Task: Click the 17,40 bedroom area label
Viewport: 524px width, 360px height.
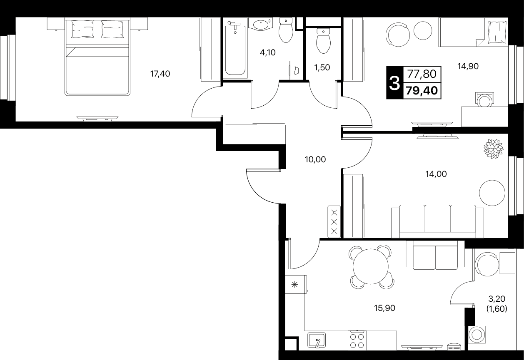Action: pos(160,74)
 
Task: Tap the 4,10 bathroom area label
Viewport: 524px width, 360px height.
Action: pos(267,52)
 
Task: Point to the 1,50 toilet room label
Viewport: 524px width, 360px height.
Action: pos(322,67)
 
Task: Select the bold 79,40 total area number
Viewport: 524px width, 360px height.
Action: pos(422,90)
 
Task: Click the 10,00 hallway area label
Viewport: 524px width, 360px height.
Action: pos(315,159)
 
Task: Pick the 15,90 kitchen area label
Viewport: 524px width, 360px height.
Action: pos(384,308)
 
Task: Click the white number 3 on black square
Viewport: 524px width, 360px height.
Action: pos(394,83)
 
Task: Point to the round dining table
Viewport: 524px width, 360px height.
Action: pos(371,266)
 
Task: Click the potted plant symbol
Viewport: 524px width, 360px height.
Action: pos(494,149)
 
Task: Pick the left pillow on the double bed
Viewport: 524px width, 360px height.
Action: pos(83,29)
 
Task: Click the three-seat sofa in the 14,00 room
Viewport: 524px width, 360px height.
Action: pos(437,221)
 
